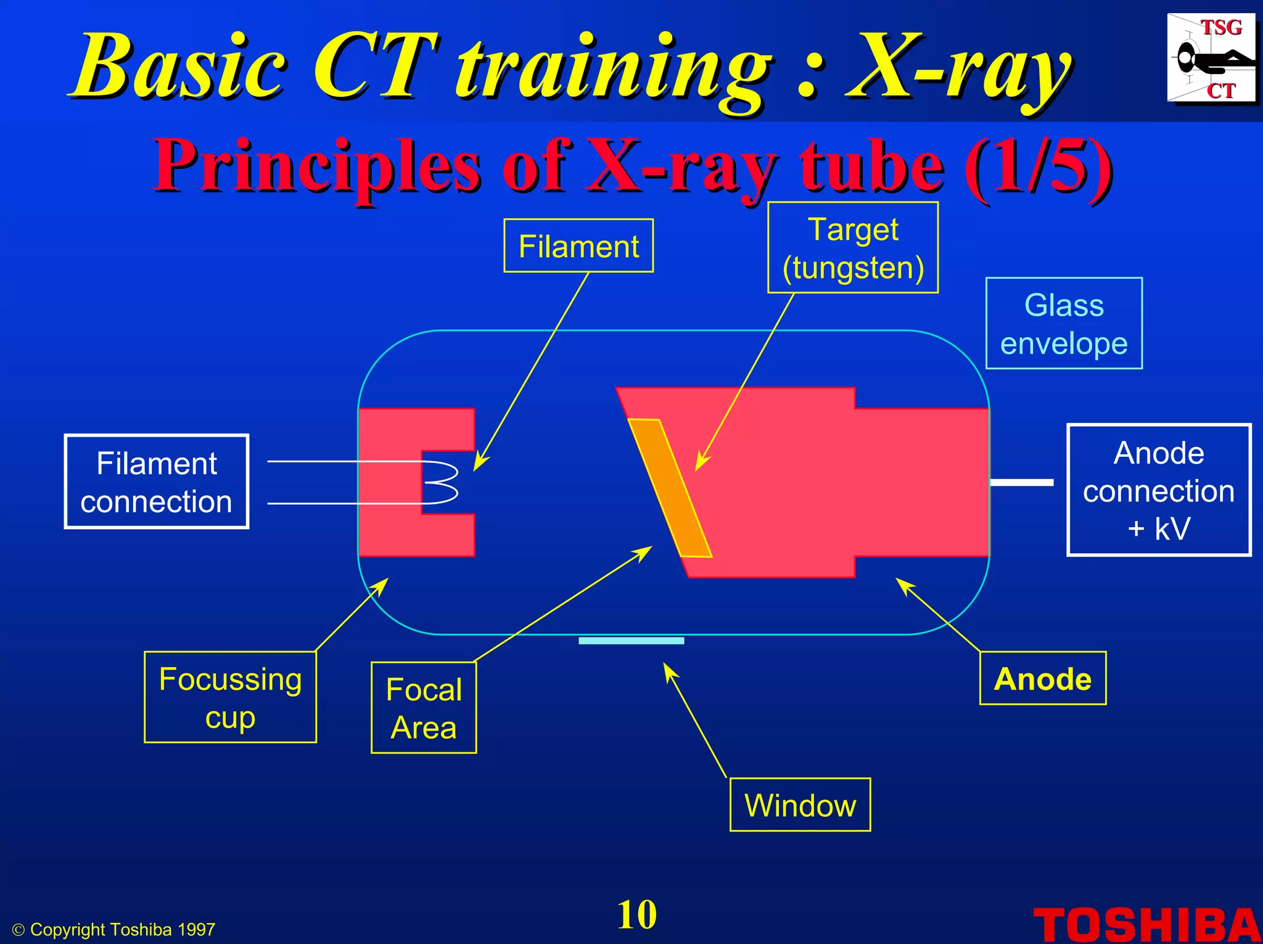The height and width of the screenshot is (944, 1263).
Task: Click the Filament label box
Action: click(578, 246)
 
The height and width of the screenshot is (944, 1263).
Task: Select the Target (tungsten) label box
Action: click(852, 248)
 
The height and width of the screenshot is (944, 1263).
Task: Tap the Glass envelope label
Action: click(1064, 324)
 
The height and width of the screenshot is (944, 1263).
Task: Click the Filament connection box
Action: click(157, 482)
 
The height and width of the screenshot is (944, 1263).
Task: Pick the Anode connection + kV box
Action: click(1158, 490)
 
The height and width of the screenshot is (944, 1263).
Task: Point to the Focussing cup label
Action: click(230, 697)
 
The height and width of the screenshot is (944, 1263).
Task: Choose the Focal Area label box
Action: click(424, 708)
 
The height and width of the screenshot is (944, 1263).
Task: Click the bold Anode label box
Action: click(1042, 679)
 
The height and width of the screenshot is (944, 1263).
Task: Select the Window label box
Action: click(800, 805)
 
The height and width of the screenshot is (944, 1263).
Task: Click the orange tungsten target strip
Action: click(669, 487)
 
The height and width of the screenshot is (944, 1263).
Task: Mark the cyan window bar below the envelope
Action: click(631, 641)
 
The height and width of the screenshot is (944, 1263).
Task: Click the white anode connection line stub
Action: click(1022, 483)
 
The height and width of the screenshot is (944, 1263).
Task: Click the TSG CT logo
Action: click(1211, 59)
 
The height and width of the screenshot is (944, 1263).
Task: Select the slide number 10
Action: click(636, 914)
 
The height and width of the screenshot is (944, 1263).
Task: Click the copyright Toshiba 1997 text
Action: click(115, 930)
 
